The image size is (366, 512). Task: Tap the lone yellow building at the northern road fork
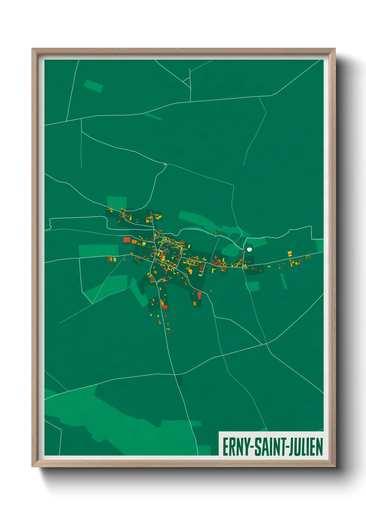(165, 164)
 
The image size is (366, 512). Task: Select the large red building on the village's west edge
(127, 239)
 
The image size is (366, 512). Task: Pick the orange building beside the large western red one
(134, 241)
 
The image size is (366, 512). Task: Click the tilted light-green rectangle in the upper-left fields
(93, 86)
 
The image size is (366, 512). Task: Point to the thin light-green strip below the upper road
(153, 117)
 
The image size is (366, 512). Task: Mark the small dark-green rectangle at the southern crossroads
(179, 380)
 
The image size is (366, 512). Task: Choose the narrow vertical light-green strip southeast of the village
(284, 281)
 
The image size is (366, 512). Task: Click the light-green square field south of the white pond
(253, 286)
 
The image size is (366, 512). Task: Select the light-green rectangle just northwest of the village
(117, 202)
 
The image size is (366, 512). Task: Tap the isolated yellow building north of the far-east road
(290, 253)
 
